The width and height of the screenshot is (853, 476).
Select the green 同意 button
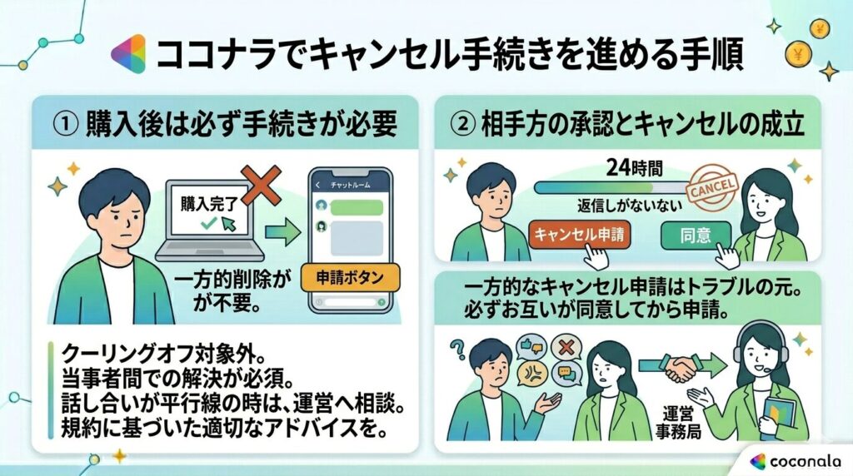point(695,235)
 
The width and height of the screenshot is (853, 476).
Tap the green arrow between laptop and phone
point(282,231)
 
